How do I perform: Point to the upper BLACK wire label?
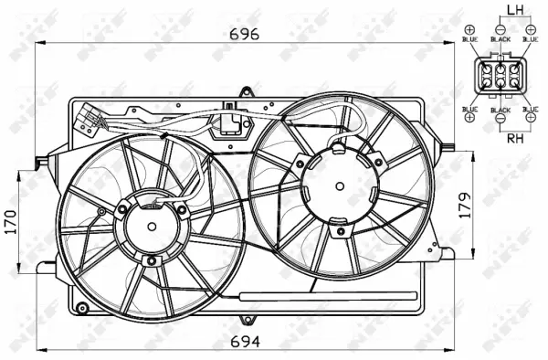tap(500, 40)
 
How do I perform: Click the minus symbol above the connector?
tap(500, 28)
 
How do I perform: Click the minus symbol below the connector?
tap(500, 120)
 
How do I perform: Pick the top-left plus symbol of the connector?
tap(469, 28)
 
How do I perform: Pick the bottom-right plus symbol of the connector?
tap(531, 119)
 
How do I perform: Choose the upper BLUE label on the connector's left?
tap(469, 40)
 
